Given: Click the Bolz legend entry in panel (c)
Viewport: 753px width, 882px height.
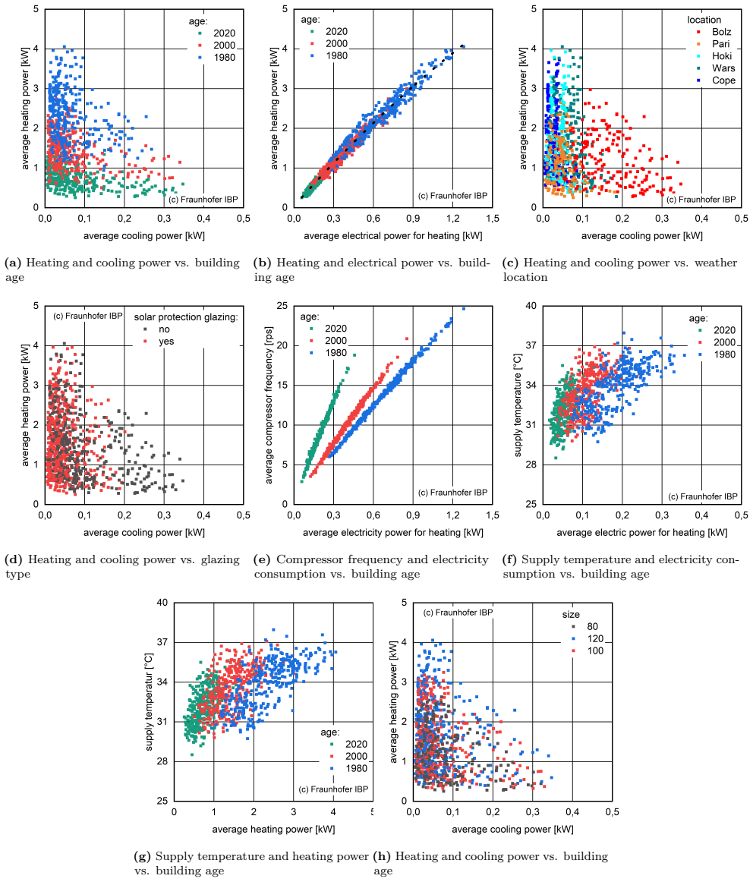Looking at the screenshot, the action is [714, 32].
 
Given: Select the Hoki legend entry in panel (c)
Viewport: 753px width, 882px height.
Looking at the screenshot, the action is [714, 56].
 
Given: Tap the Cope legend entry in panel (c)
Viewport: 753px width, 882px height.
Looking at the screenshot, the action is [716, 80].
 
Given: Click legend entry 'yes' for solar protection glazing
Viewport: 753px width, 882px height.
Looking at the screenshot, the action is [159, 342].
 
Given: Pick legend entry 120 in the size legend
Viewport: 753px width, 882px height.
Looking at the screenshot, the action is [588, 639].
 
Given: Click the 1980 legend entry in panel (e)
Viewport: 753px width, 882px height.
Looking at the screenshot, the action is [328, 353].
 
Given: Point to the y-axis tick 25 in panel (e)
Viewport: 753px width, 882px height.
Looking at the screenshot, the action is [282, 306].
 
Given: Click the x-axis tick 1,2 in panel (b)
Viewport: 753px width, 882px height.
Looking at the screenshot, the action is [452, 219].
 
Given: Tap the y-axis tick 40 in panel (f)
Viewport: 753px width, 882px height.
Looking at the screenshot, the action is [531, 306].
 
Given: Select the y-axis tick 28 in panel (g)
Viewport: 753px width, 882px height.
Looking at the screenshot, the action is [162, 761].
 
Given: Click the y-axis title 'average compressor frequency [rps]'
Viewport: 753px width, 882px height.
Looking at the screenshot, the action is [269, 405].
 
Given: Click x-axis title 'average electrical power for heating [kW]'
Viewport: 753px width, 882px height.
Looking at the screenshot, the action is [393, 236].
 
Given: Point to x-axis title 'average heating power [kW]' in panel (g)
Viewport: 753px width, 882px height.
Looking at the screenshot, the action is [273, 829].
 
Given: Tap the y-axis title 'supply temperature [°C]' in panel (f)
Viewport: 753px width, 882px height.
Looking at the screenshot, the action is [518, 405].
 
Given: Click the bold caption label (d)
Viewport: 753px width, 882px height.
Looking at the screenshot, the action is [14, 559].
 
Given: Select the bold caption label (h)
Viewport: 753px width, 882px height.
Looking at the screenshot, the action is [382, 856].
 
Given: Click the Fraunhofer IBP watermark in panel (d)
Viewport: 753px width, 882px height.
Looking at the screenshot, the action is [88, 316].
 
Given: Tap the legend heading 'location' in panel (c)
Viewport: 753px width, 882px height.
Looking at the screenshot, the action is [704, 20].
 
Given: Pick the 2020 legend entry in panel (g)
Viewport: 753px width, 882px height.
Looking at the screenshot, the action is [348, 744].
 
